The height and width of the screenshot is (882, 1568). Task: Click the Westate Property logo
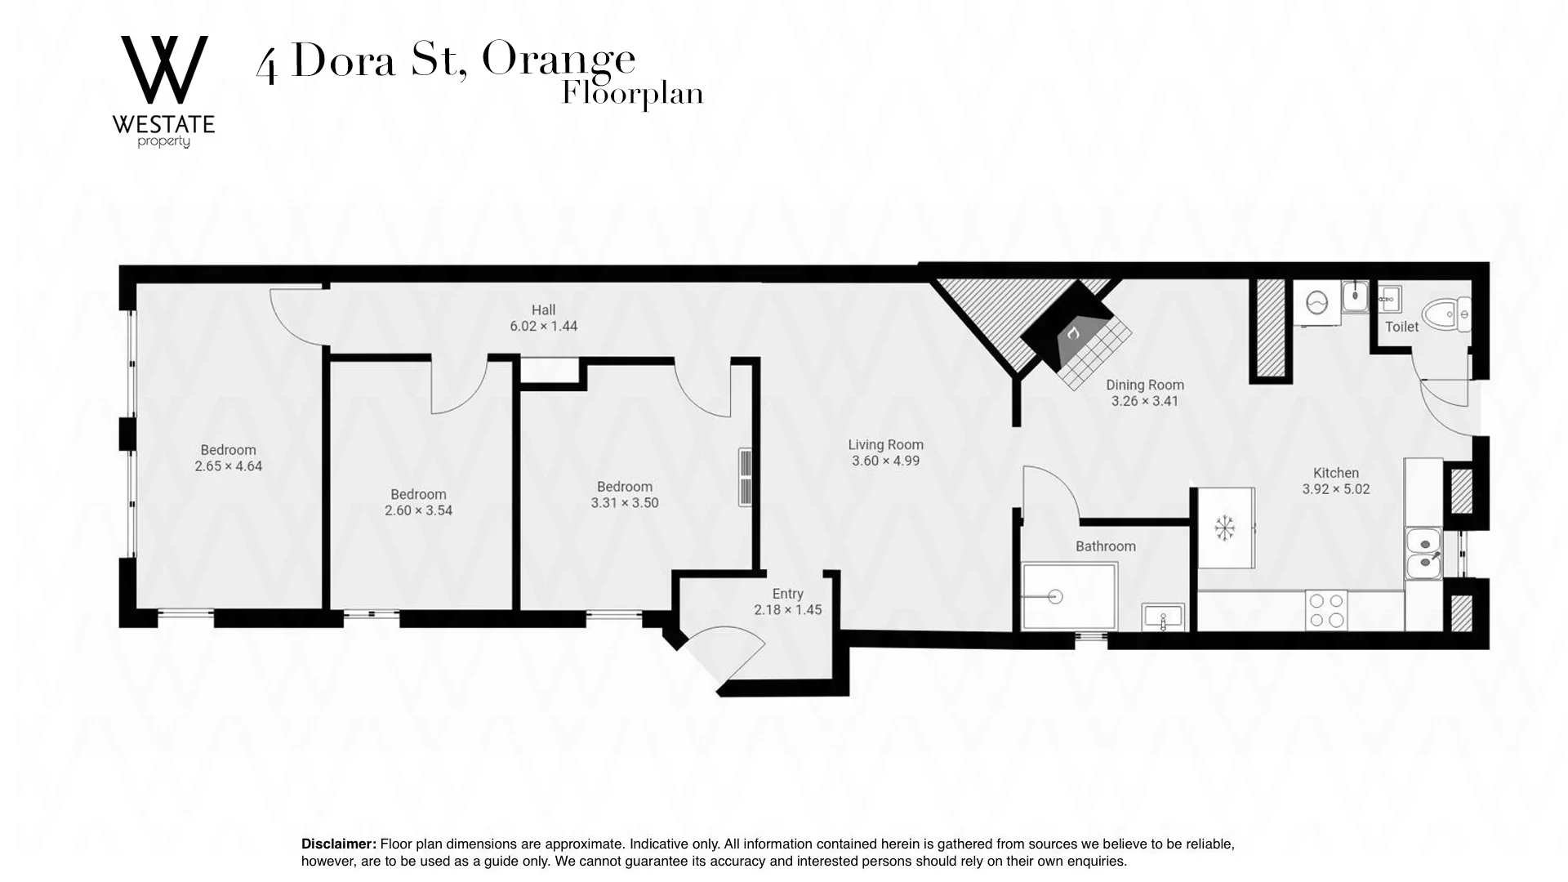click(164, 90)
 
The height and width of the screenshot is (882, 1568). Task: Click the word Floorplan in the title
click(632, 94)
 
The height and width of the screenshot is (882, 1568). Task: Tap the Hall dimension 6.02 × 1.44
click(543, 326)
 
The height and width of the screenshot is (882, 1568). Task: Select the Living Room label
click(885, 444)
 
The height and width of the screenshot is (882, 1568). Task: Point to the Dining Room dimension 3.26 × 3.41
click(1144, 401)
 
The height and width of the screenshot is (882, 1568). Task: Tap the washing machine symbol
click(1316, 303)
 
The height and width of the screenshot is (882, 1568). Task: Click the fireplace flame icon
click(1073, 333)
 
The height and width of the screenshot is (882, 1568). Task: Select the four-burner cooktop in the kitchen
click(1326, 610)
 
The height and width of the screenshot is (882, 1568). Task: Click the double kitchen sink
click(1423, 553)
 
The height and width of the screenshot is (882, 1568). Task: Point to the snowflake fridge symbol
click(1224, 528)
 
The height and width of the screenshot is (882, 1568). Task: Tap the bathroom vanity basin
click(1163, 617)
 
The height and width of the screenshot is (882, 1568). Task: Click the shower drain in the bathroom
click(1055, 597)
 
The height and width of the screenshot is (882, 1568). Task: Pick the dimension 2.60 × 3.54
click(418, 510)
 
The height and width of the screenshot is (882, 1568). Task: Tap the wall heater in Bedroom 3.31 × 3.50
click(745, 478)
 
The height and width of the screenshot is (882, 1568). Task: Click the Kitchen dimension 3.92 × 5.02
click(1335, 489)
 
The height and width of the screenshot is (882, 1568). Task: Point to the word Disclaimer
click(338, 844)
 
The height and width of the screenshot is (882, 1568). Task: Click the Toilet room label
click(1401, 327)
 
